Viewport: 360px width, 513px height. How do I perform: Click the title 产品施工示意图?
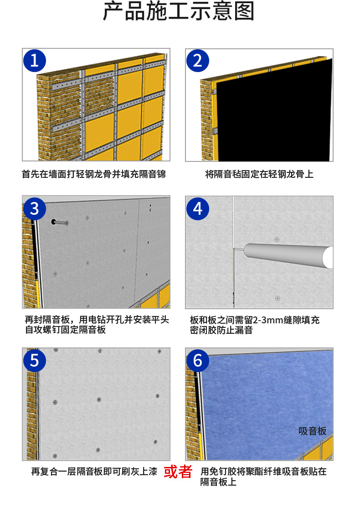[179, 11]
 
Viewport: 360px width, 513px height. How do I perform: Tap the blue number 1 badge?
[35, 61]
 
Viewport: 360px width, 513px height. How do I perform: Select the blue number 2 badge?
[197, 61]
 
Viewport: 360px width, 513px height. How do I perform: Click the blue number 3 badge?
[35, 209]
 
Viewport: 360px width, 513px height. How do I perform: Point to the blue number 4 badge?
[197, 209]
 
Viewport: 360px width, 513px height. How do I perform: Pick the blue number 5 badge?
[35, 361]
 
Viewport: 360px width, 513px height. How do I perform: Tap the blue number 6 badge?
[197, 361]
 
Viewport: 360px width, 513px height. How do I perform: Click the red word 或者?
[178, 472]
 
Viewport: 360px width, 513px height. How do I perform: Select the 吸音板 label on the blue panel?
[312, 431]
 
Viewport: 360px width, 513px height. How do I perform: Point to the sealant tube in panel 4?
[288, 255]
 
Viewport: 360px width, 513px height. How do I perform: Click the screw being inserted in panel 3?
[60, 223]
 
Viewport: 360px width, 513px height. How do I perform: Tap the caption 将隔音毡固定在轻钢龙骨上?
[259, 174]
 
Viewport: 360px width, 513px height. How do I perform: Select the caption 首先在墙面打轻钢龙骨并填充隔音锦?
[94, 174]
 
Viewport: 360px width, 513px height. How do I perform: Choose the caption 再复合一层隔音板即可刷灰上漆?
[94, 472]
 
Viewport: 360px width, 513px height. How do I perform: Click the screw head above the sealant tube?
[277, 239]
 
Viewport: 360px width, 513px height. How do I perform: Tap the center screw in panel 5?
[99, 399]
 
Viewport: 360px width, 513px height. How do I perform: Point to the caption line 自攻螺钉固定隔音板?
[66, 329]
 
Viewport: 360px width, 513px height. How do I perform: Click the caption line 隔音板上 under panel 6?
[218, 482]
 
